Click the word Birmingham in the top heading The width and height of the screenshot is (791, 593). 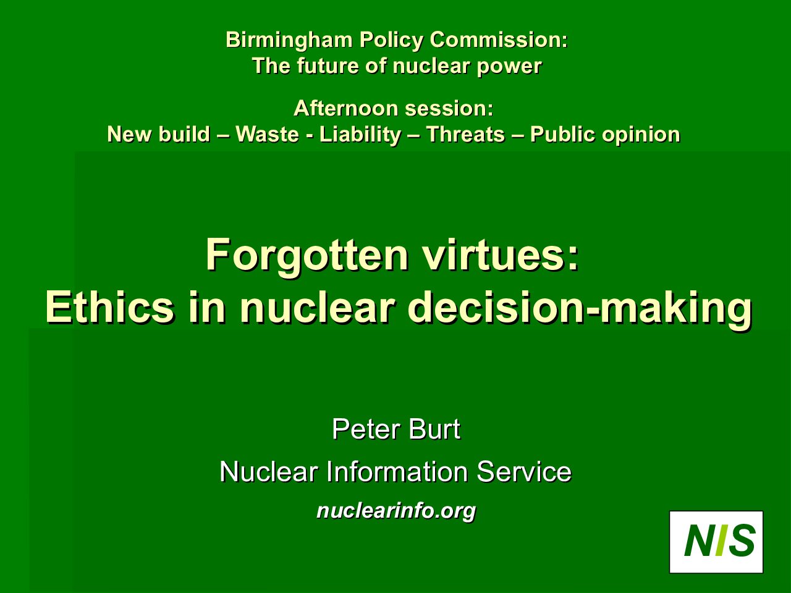tap(289, 40)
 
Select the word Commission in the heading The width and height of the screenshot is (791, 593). tap(499, 40)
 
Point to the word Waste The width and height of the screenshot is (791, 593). tap(268, 134)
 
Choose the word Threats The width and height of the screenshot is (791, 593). tap(465, 134)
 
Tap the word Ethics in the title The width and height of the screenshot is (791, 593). tap(109, 308)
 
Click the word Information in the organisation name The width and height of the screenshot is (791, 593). tap(397, 471)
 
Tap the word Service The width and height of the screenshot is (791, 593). tap(524, 471)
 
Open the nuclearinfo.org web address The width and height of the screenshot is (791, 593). tap(396, 511)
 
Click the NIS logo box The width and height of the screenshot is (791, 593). tap(716, 542)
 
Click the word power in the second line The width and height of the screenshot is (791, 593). tap(509, 66)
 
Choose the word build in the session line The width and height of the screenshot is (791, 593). tap(184, 134)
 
